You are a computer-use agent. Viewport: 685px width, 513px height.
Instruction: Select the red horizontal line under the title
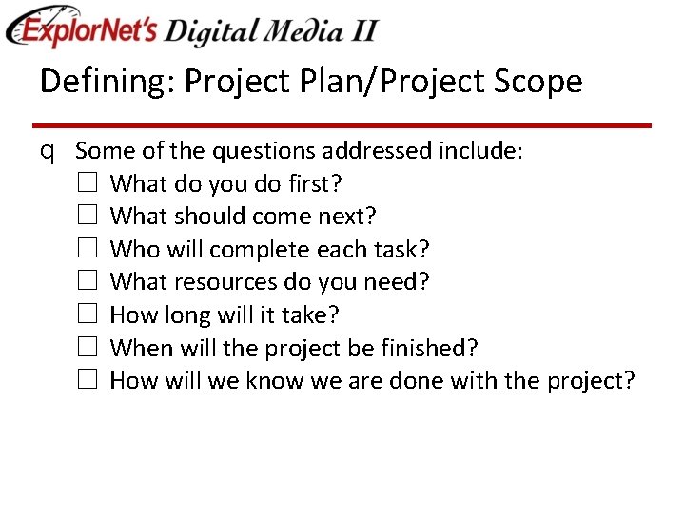pos(342,125)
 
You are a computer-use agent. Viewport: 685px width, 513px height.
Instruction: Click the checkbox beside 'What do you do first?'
pos(87,183)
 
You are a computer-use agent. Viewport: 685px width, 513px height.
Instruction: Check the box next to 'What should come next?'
pos(87,216)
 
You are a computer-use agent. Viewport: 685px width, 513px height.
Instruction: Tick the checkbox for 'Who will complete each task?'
pos(87,249)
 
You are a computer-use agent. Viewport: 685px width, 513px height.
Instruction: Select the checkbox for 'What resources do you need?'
pos(87,281)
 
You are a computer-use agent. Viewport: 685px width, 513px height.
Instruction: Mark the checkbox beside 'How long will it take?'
pos(87,314)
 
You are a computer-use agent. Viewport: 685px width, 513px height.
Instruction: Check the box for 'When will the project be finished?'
pos(87,348)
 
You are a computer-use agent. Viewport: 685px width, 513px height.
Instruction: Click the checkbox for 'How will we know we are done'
pos(87,380)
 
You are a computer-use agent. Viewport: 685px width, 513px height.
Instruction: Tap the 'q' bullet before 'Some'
pos(47,151)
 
